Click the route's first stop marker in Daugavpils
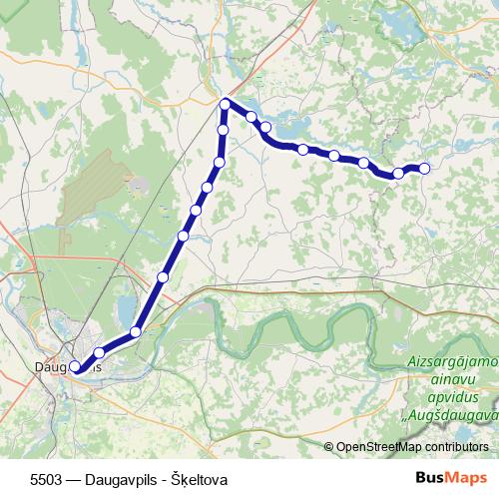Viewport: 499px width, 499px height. pos(75,367)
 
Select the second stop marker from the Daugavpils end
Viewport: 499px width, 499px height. pos(99,352)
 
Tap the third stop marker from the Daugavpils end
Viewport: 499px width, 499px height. pos(136,331)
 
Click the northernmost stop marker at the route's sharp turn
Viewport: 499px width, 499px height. pos(226,104)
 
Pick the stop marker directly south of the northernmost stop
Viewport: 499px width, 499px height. pos(224,130)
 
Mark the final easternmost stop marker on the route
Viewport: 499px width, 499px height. pos(424,168)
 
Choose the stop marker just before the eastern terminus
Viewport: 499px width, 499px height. pos(398,173)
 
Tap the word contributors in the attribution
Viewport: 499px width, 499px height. pos(456,447)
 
